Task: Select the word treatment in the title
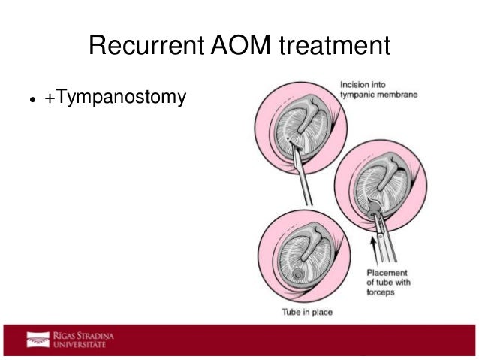[x=335, y=47]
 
